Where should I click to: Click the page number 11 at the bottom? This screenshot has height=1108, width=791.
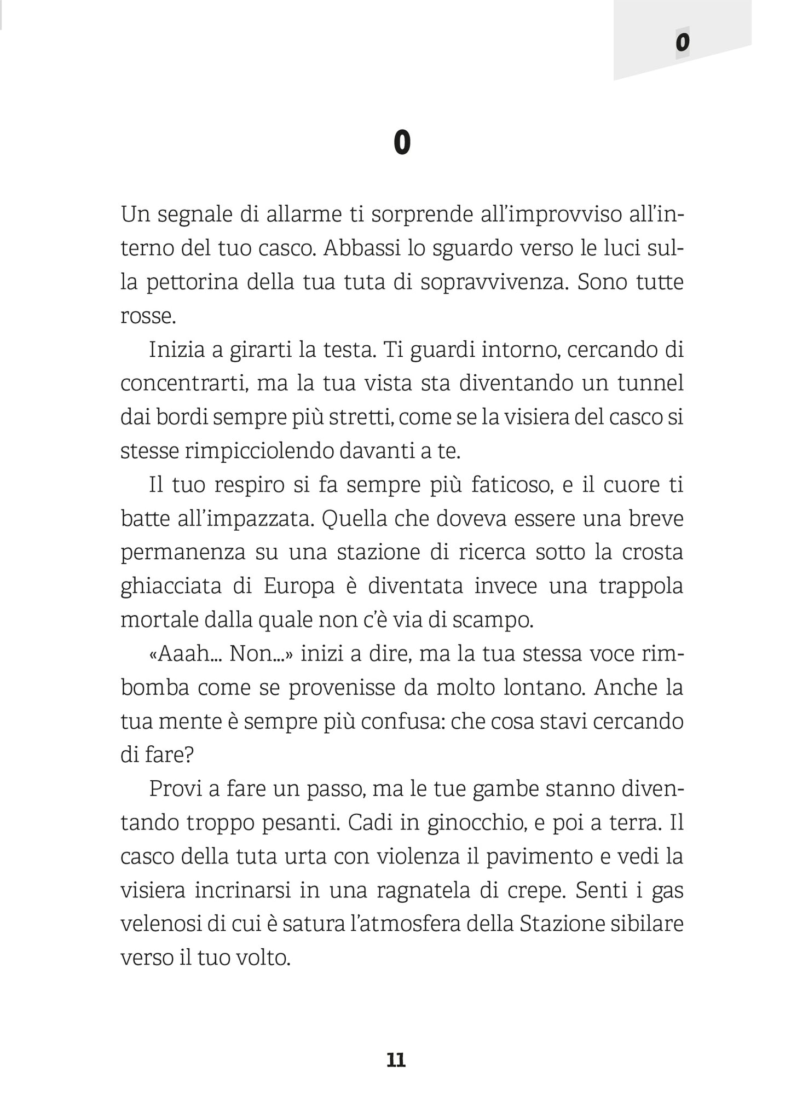pos(396,1060)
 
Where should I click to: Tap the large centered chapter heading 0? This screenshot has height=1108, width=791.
pos(402,143)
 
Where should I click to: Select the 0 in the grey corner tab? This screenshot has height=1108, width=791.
pos(682,42)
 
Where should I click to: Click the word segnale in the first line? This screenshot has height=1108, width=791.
pos(192,215)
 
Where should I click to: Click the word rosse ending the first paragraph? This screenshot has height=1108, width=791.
pos(146,316)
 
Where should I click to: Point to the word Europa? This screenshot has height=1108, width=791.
pos(299,587)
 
